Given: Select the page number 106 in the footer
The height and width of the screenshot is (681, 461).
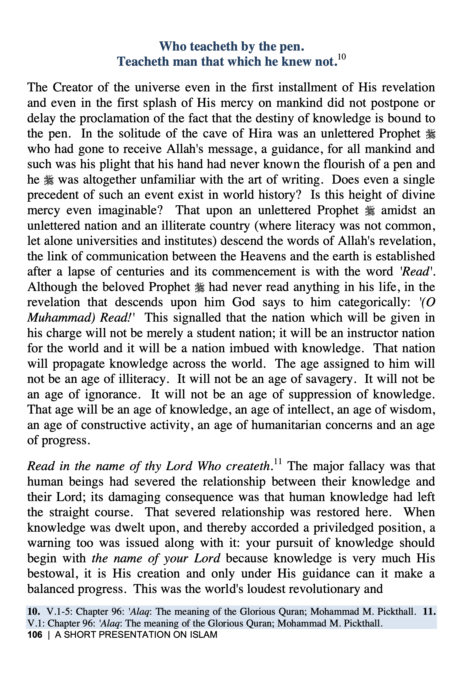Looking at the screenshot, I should click(x=35, y=635).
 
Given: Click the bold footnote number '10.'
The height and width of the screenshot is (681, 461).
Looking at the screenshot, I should click(x=34, y=612).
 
